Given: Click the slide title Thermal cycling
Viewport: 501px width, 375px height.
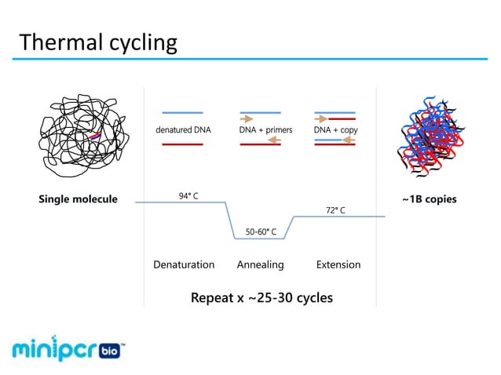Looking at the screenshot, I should pos(98,42).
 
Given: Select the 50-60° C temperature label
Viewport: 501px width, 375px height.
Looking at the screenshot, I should pos(261,231).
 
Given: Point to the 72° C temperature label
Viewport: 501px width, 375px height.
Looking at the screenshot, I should pos(335,210).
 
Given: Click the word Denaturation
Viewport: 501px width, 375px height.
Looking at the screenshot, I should pos(184,264).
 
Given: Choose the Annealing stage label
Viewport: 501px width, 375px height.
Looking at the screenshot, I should pos(260,264).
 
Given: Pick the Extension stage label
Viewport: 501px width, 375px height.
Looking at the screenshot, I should pos(338,264).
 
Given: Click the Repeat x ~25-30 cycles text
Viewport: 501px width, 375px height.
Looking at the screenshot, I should pos(261,298).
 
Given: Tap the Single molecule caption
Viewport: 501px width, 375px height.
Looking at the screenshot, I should pos(78,198).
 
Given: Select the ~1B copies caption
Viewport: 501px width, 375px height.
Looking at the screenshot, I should pos(429,198).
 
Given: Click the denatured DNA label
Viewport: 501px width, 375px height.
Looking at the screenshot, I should pos(183,130).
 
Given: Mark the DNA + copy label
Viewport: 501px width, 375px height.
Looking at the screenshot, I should pos(335,130).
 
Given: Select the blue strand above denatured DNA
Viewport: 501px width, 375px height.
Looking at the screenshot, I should pos(182,113).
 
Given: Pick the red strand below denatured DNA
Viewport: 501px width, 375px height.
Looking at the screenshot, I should pos(182,144).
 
